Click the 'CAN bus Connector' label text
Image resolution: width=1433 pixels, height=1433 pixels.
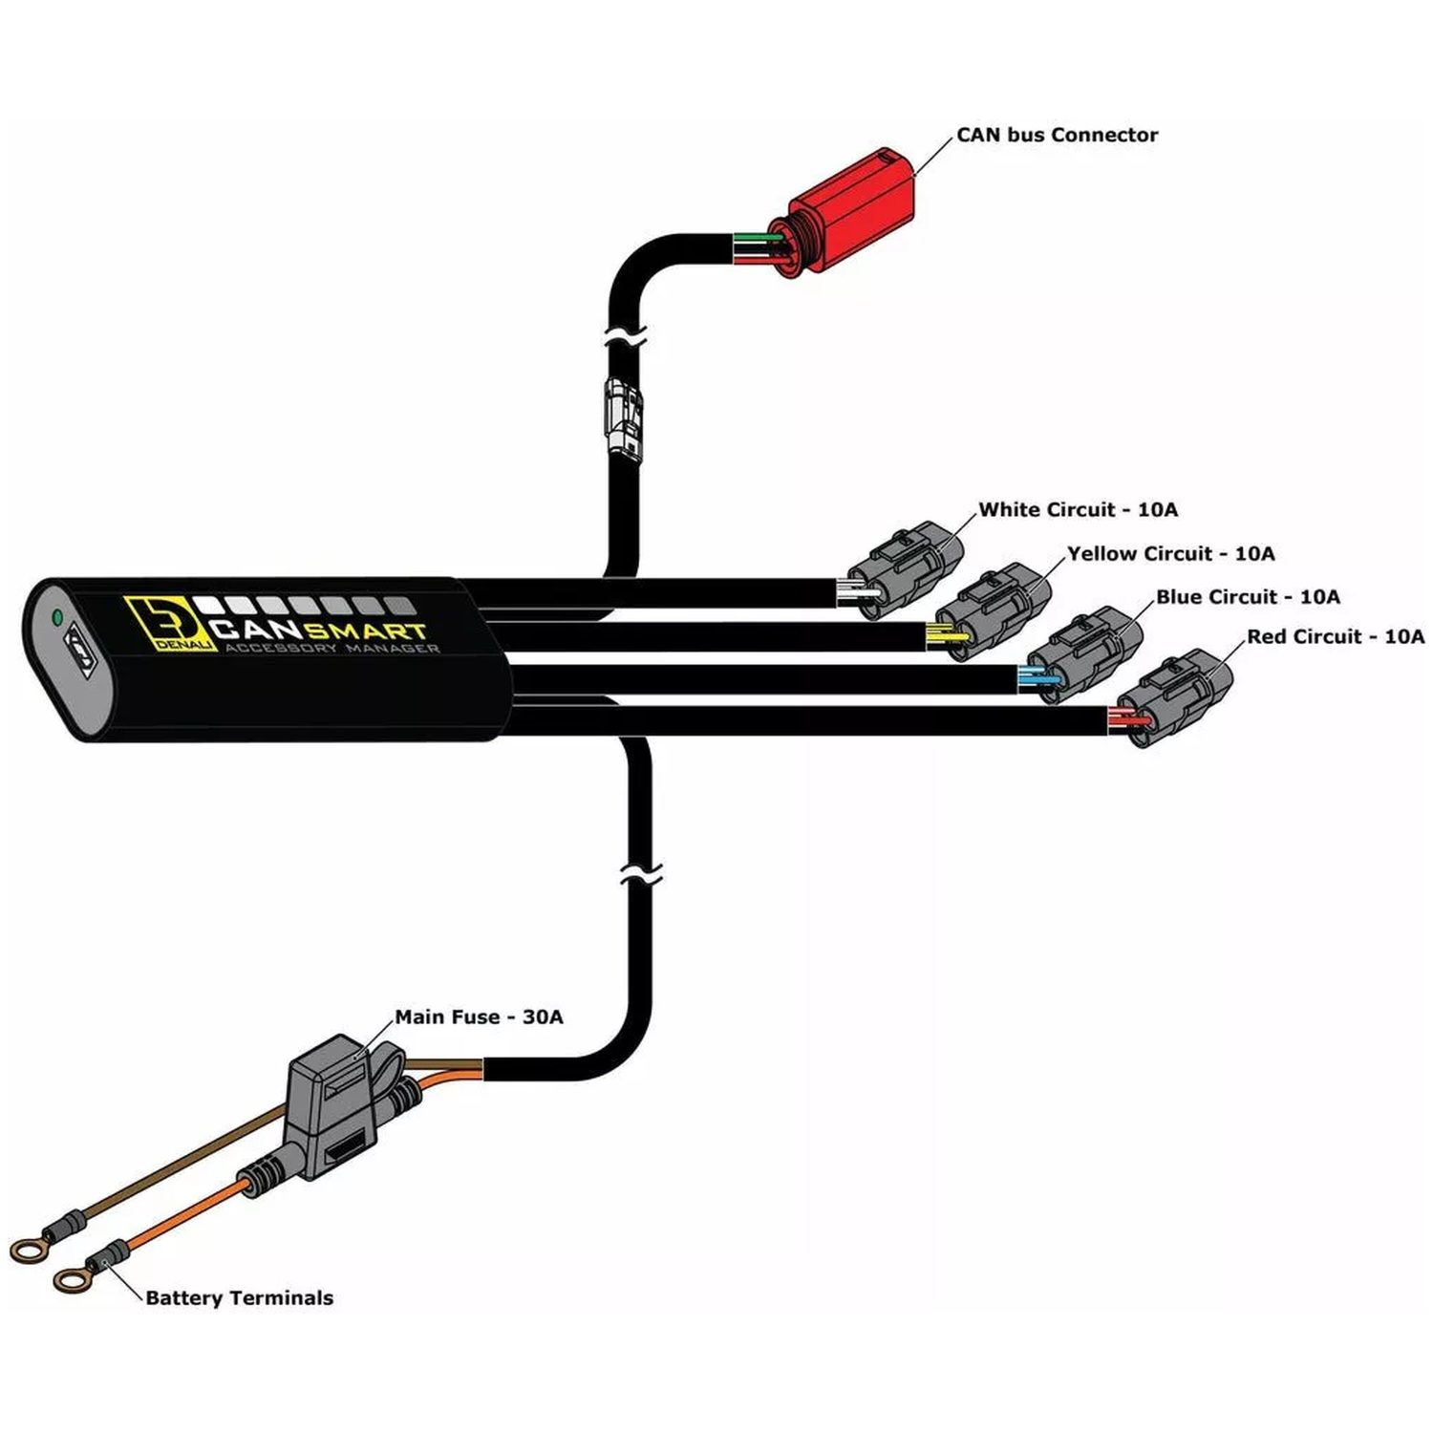(x=1057, y=135)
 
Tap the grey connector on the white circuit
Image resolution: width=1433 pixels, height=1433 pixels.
(x=904, y=569)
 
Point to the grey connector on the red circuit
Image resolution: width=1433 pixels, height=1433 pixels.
(x=1174, y=697)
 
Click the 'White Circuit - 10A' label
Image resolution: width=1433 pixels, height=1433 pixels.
(x=1078, y=509)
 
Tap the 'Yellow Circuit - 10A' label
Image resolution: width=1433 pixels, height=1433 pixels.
(x=1170, y=553)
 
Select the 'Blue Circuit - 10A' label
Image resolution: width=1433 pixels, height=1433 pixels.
(x=1248, y=596)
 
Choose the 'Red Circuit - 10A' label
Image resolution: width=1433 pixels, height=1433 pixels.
(x=1336, y=636)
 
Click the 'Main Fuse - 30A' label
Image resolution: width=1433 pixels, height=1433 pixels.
(x=479, y=1016)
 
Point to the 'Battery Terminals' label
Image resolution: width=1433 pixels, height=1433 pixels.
(x=240, y=1297)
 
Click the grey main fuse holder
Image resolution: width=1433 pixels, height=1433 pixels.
(x=339, y=1108)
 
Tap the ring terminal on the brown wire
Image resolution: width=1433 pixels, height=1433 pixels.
(x=27, y=1248)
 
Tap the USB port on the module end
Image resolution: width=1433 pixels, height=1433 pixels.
(x=79, y=654)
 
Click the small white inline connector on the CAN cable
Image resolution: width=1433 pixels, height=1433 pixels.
(x=623, y=417)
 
